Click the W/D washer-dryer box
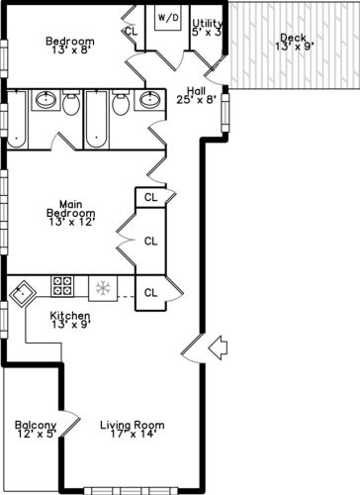tap(167, 18)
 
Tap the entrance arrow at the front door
tap(218, 347)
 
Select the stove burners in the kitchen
tap(62, 286)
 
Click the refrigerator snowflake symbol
tap(103, 288)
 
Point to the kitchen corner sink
tap(23, 294)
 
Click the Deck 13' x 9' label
tap(294, 43)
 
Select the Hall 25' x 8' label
tap(196, 95)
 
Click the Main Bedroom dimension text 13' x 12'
tap(72, 222)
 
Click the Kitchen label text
tap(70, 316)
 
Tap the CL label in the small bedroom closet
tap(132, 32)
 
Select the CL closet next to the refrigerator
tap(150, 293)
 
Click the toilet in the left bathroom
tap(71, 103)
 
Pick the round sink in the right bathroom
tap(150, 100)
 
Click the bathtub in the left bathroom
tap(17, 119)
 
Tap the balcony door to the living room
tap(70, 424)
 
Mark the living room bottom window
tap(131, 491)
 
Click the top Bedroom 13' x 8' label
tap(70, 46)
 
